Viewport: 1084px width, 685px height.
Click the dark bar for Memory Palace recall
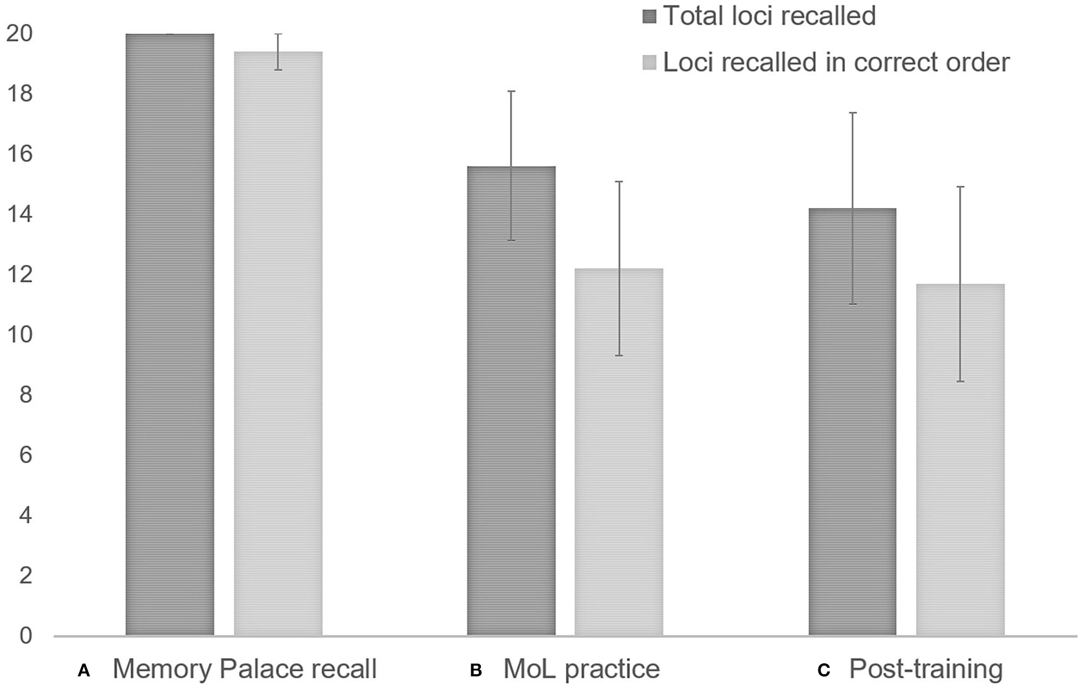(x=170, y=335)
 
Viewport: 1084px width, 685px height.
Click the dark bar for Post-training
(x=852, y=422)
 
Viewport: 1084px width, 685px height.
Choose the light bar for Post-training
(x=960, y=459)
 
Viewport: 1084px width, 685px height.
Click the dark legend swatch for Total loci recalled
(x=649, y=17)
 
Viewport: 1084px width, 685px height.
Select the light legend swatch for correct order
(x=649, y=63)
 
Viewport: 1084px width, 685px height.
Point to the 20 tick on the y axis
(x=19, y=33)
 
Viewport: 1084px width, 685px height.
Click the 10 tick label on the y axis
(x=19, y=335)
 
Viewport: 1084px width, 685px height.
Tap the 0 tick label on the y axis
(x=25, y=635)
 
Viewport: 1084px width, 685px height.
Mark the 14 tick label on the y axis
(x=19, y=214)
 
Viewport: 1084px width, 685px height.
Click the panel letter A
(x=84, y=670)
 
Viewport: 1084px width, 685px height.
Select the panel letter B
(x=476, y=670)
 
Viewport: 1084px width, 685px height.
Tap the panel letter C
(x=823, y=670)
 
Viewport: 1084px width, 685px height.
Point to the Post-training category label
(x=926, y=669)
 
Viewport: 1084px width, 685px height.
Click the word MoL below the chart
(x=531, y=669)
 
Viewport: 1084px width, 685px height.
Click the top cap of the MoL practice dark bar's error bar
(x=511, y=91)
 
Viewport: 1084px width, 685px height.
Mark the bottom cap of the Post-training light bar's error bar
(x=960, y=382)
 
